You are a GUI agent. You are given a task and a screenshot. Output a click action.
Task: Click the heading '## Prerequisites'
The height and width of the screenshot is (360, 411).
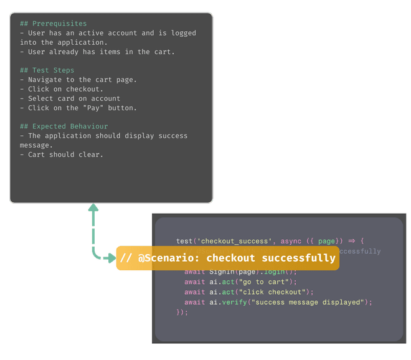54,24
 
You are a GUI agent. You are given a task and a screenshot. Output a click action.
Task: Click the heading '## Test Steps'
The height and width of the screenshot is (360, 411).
47,70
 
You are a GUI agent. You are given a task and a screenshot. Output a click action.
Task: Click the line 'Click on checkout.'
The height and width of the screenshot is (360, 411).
65,89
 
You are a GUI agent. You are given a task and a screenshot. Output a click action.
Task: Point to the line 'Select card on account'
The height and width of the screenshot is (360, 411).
74,98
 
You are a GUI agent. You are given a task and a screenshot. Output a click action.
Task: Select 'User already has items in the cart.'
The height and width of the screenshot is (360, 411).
101,52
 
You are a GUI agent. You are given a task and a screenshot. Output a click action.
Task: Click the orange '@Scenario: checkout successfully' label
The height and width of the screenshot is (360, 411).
227,258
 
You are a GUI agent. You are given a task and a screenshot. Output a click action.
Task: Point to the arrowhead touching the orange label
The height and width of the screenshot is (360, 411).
111,258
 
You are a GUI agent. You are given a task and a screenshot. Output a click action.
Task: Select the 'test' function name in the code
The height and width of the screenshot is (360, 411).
184,241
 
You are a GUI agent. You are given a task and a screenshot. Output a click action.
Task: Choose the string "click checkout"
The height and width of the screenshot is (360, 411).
267,291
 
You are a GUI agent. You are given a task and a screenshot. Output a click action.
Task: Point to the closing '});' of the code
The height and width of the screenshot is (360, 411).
182,312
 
